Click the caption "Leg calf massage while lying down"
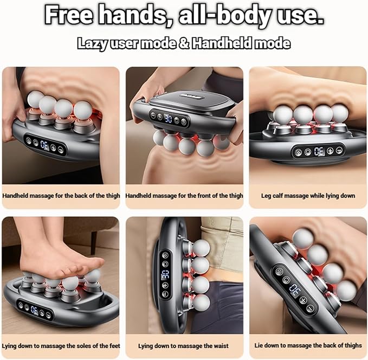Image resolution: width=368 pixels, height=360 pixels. pyautogui.click(x=308, y=196)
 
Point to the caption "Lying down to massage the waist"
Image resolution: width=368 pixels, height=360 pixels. pyautogui.click(x=183, y=346)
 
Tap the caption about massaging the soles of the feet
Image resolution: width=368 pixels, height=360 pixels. pyautogui.click(x=61, y=346)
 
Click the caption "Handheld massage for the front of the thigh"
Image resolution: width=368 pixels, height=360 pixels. pyautogui.click(x=184, y=196)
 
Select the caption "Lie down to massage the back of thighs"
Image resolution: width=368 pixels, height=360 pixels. pyautogui.click(x=308, y=345)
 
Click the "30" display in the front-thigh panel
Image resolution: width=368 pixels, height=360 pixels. pyautogui.click(x=168, y=119)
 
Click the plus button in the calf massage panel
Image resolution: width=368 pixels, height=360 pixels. pyautogui.click(x=330, y=151)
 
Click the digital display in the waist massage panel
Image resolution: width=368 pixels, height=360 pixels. pyautogui.click(x=165, y=275)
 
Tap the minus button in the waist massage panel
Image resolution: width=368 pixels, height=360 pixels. pyautogui.click(x=165, y=293)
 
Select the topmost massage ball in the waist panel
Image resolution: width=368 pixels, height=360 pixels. pyautogui.click(x=201, y=248)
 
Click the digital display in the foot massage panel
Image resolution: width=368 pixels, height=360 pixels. pyautogui.click(x=34, y=310)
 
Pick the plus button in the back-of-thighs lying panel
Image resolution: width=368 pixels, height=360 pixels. pyautogui.click(x=303, y=300)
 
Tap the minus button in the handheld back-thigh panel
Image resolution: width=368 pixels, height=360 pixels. pyautogui.click(x=61, y=150)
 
